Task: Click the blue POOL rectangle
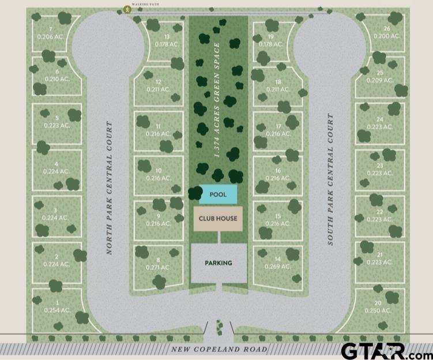point(219,194)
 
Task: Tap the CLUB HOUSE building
point(218,219)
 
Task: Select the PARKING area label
point(219,263)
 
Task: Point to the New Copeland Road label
point(219,350)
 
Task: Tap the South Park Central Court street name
point(330,179)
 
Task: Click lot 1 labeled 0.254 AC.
point(57,306)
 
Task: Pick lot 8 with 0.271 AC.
point(158,264)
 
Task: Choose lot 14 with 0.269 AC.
point(277,263)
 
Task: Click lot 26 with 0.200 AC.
point(386,32)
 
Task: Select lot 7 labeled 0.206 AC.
point(51,33)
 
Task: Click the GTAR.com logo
point(385,350)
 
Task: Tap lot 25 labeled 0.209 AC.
point(379,76)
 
